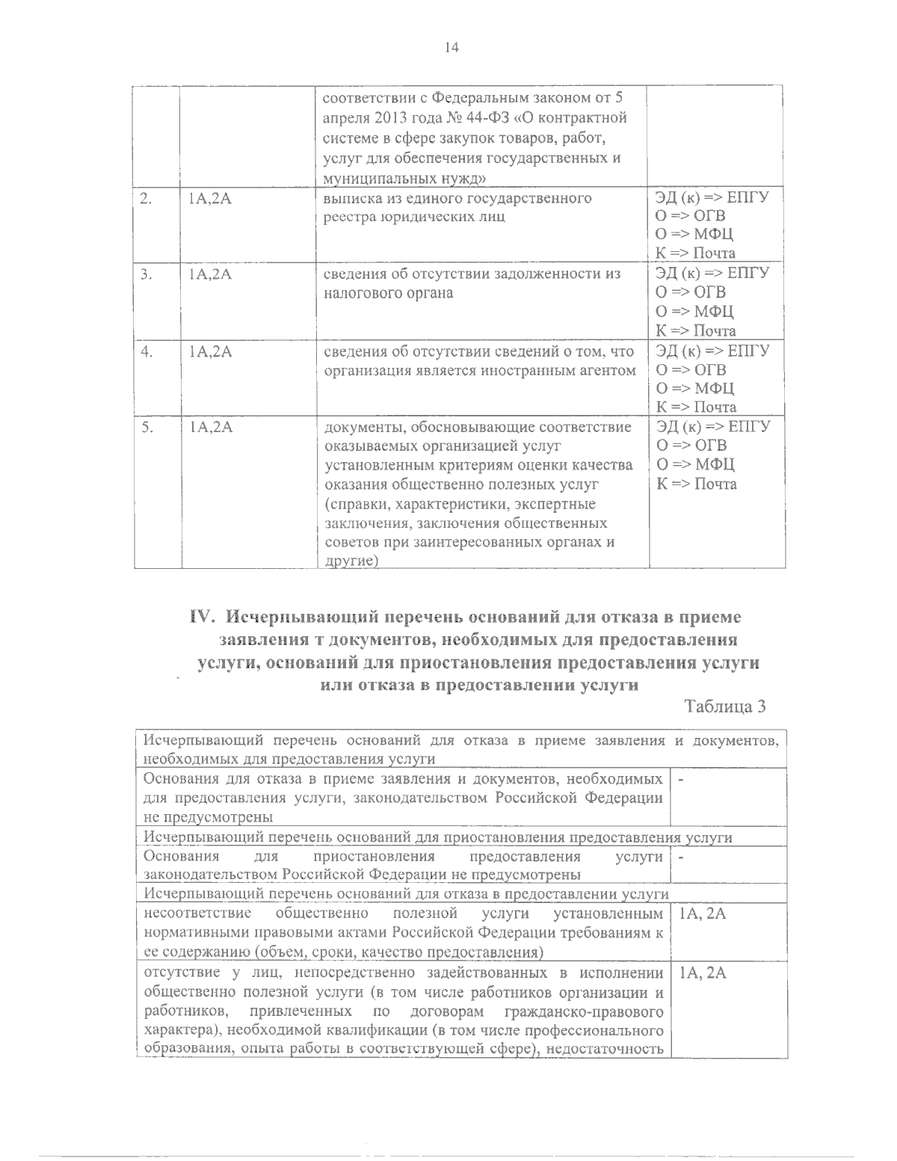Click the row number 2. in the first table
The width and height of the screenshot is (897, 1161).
point(146,199)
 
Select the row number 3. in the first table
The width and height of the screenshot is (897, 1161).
point(146,275)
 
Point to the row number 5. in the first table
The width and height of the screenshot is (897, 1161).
point(146,428)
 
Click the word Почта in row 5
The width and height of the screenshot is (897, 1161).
point(715,484)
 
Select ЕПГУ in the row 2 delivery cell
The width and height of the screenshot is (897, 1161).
point(750,197)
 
